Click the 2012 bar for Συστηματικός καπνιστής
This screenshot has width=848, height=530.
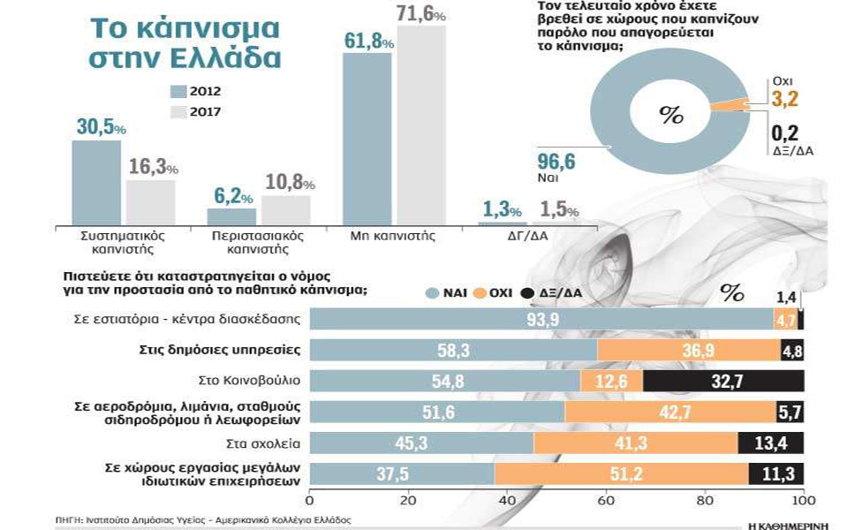click(95, 182)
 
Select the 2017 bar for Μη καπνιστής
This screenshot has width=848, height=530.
click(420, 125)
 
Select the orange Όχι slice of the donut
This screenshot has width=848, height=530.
click(732, 104)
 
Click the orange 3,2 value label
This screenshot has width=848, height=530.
click(784, 99)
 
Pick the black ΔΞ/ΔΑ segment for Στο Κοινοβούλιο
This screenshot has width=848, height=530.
click(723, 381)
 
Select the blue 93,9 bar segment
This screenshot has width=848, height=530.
click(541, 320)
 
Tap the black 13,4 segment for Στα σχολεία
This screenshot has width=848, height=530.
click(770, 443)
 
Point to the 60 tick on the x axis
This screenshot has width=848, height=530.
click(605, 501)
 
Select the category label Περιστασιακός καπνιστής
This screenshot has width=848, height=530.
click(258, 243)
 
